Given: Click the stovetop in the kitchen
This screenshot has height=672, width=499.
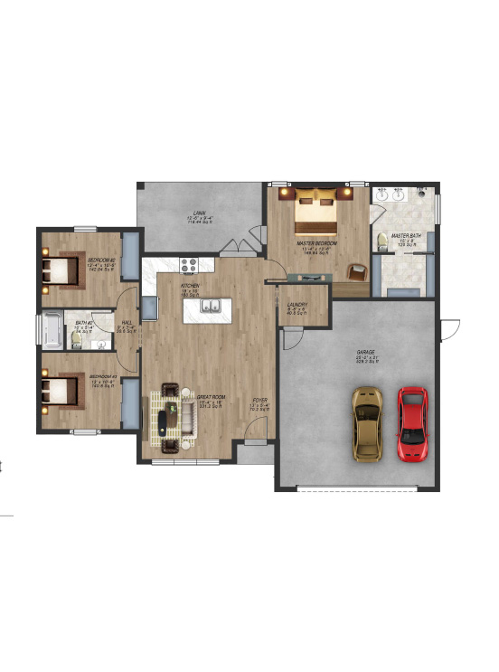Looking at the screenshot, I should click(189, 265).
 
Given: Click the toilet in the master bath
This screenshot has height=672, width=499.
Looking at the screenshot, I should click(383, 241).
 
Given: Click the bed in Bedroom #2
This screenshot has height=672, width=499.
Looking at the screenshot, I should click(61, 270).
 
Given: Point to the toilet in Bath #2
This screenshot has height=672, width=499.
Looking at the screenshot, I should click(78, 339).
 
